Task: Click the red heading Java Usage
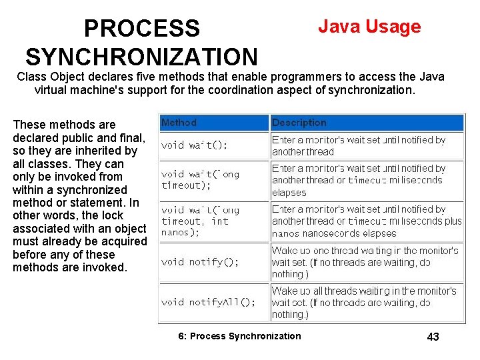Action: point(369,27)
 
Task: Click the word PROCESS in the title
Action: point(141,28)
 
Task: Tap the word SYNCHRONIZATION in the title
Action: point(141,56)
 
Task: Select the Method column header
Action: point(179,123)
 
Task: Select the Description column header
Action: point(299,123)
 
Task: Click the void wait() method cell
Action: point(194,145)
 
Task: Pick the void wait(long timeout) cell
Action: point(200,180)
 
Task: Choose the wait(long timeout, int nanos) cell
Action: point(200,221)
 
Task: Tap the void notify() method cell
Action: point(200,262)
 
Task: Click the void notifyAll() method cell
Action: point(208,302)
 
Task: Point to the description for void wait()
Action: point(359,146)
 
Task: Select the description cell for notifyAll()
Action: point(364,303)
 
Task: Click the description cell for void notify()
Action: point(364,262)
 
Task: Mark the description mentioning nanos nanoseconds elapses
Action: point(366,221)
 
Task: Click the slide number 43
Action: point(433,337)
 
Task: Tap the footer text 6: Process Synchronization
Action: point(239,336)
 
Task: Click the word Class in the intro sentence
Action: point(31,77)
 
